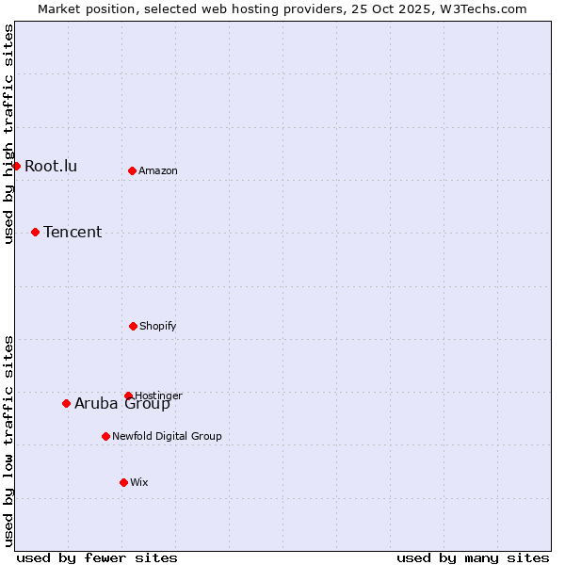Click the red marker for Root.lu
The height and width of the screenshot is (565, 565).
pos(16,166)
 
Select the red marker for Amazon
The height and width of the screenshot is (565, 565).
pos(132,170)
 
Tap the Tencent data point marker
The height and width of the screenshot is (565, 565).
pos(35,232)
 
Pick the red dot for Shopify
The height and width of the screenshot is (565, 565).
pos(133,326)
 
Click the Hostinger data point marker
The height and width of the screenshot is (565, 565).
pos(128,395)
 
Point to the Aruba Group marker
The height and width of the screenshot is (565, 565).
pos(66,403)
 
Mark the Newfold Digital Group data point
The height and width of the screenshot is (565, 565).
pos(105,436)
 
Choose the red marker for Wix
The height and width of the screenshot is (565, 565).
pos(123,482)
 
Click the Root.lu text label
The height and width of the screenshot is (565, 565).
pos(51,167)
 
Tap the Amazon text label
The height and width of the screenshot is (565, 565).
pos(158,171)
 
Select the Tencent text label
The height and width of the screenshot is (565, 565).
pos(73,233)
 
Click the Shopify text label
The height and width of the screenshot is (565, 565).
pos(158,327)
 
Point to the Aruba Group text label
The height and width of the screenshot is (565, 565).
pos(122,405)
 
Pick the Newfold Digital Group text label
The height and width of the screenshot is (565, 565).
pos(167,437)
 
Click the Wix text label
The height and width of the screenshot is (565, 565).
pos(139,483)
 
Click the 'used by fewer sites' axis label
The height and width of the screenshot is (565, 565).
pos(97,558)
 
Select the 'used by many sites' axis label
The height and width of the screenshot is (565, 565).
pos(473,558)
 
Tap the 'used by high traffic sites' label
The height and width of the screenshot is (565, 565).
pos(8,134)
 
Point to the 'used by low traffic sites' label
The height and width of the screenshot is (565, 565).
pos(8,441)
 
